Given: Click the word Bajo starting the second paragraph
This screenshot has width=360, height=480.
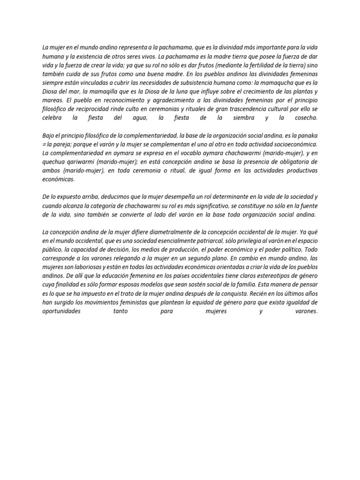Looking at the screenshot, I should point(48,135).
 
